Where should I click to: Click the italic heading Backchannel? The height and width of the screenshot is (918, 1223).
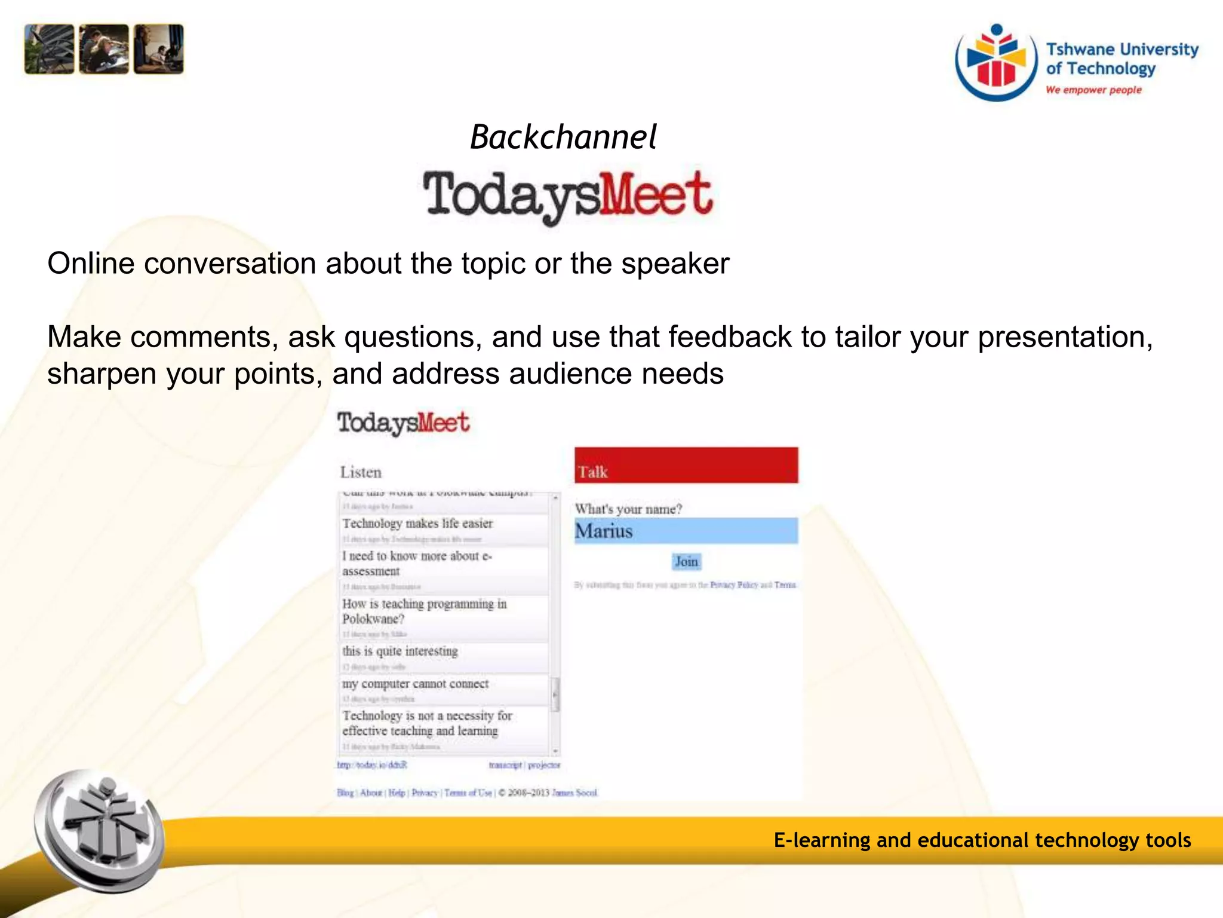563,137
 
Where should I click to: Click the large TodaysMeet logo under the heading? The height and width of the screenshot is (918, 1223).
568,195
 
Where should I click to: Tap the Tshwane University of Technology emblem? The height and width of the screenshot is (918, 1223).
996,62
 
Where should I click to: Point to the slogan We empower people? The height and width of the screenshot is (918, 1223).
1093,90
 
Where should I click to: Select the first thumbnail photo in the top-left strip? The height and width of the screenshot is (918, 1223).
49,49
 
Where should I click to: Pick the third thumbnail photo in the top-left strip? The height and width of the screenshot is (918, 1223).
159,49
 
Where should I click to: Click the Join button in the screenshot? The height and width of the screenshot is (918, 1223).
686,561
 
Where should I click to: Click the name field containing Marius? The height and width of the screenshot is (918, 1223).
686,531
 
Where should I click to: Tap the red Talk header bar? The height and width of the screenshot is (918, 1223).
686,466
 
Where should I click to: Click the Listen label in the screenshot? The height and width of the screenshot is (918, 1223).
361,472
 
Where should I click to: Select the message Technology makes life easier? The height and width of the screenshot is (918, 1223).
417,524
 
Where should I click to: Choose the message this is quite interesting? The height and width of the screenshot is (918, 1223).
400,651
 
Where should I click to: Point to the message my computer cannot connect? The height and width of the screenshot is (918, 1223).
416,684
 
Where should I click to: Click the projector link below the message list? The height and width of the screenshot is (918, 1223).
544,765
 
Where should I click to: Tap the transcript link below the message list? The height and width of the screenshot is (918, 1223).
505,765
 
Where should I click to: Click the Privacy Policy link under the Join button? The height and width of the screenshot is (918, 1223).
734,585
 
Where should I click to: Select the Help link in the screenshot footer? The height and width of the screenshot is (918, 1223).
397,792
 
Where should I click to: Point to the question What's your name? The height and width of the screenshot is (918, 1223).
628,509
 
